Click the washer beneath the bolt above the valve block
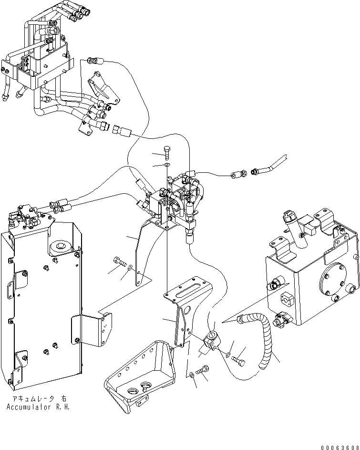click(165, 165)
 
